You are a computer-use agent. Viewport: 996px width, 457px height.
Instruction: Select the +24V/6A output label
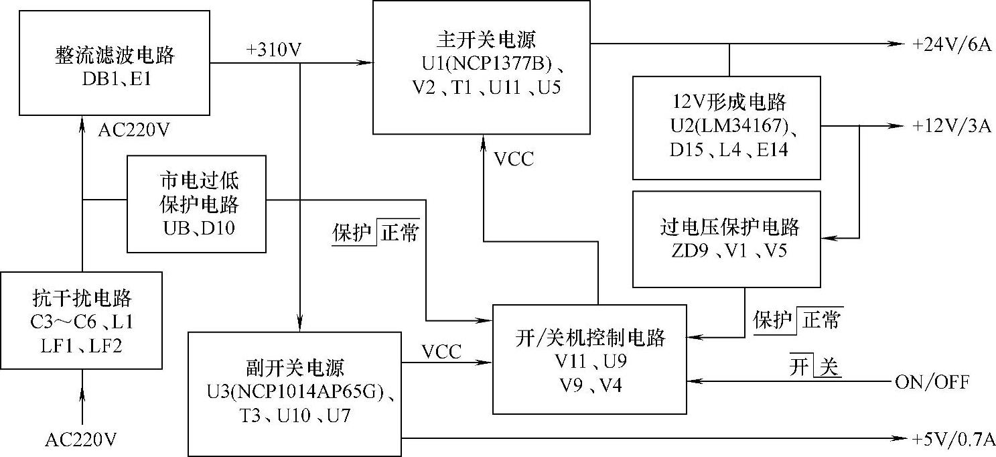[950, 44]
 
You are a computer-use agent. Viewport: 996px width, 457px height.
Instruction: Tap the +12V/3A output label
[950, 126]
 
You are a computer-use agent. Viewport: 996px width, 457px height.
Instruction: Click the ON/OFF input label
[931, 382]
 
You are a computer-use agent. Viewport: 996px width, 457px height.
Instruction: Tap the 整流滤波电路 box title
[115, 54]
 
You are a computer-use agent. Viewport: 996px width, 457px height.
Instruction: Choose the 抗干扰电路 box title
[82, 297]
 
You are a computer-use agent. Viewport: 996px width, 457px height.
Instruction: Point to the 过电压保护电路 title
[727, 227]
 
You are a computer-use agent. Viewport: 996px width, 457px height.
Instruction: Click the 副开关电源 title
[294, 368]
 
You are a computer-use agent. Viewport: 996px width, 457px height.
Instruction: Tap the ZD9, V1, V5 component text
[727, 251]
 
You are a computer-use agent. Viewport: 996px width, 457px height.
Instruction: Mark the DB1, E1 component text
[115, 78]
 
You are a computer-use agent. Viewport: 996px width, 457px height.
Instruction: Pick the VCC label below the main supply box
[514, 159]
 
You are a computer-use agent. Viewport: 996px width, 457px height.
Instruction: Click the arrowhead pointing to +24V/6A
[898, 44]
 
